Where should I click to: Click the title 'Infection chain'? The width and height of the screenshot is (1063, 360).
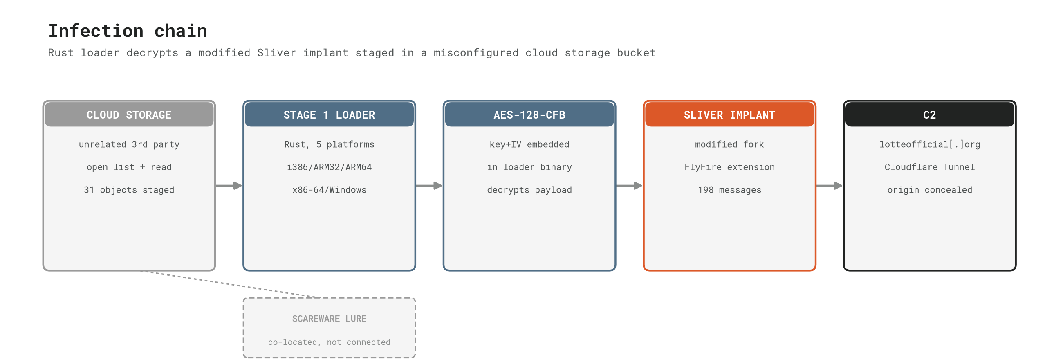128,31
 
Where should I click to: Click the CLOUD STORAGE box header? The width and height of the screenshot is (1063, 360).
129,115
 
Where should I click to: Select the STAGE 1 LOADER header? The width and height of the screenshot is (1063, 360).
329,115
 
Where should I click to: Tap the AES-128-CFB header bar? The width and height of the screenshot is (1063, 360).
529,115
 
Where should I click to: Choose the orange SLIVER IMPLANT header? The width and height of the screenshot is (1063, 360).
729,115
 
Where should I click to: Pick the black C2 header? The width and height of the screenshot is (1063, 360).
930,115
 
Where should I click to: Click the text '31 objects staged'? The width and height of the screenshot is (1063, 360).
129,190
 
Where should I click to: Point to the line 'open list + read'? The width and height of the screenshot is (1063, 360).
129,167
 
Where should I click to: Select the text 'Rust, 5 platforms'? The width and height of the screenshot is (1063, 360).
329,144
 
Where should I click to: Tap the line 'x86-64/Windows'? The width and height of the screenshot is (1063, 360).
329,190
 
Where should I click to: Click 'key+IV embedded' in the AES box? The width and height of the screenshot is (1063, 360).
529,144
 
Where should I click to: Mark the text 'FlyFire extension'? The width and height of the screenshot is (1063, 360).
729,167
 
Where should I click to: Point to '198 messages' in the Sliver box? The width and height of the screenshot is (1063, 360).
729,190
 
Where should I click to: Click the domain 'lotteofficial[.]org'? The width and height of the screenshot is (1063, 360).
930,144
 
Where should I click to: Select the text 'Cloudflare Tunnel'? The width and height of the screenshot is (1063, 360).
930,167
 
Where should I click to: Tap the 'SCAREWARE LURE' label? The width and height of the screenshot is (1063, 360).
329,319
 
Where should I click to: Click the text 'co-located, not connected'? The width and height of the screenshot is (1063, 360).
329,342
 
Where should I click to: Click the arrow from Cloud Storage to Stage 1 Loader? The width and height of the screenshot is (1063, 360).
229,186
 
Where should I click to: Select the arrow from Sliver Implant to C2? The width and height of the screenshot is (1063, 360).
830,186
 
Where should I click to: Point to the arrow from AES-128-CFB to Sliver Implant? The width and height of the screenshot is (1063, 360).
629,186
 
